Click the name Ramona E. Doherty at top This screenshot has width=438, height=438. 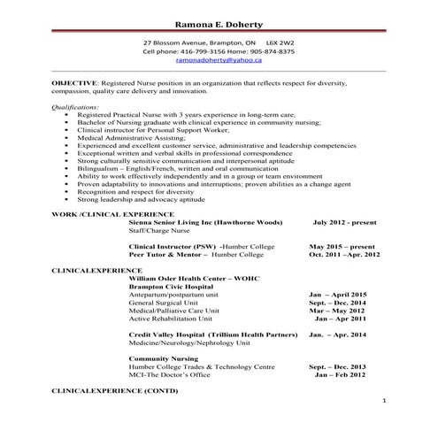(219, 21)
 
